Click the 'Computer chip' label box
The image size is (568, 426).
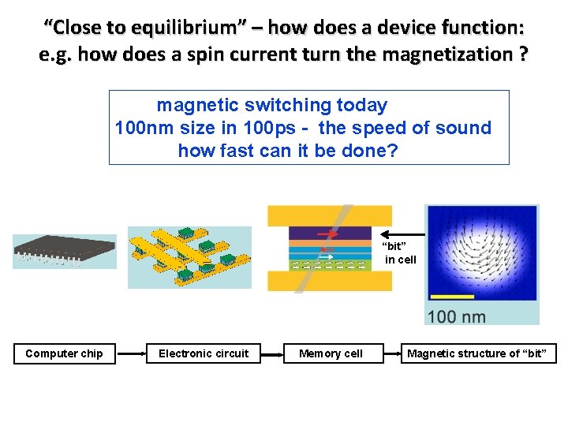click(64, 353)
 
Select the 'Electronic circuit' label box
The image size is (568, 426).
click(204, 353)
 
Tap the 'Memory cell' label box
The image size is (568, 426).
click(331, 353)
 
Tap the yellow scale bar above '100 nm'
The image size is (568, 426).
click(452, 297)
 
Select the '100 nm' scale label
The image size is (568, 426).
click(456, 317)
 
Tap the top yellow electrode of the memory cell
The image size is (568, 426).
click(330, 215)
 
